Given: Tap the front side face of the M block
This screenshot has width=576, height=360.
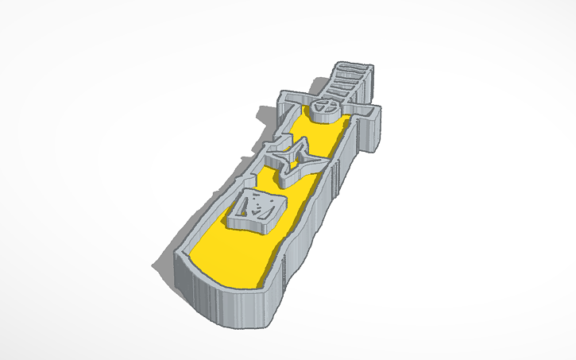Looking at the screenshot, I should coord(253,225).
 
